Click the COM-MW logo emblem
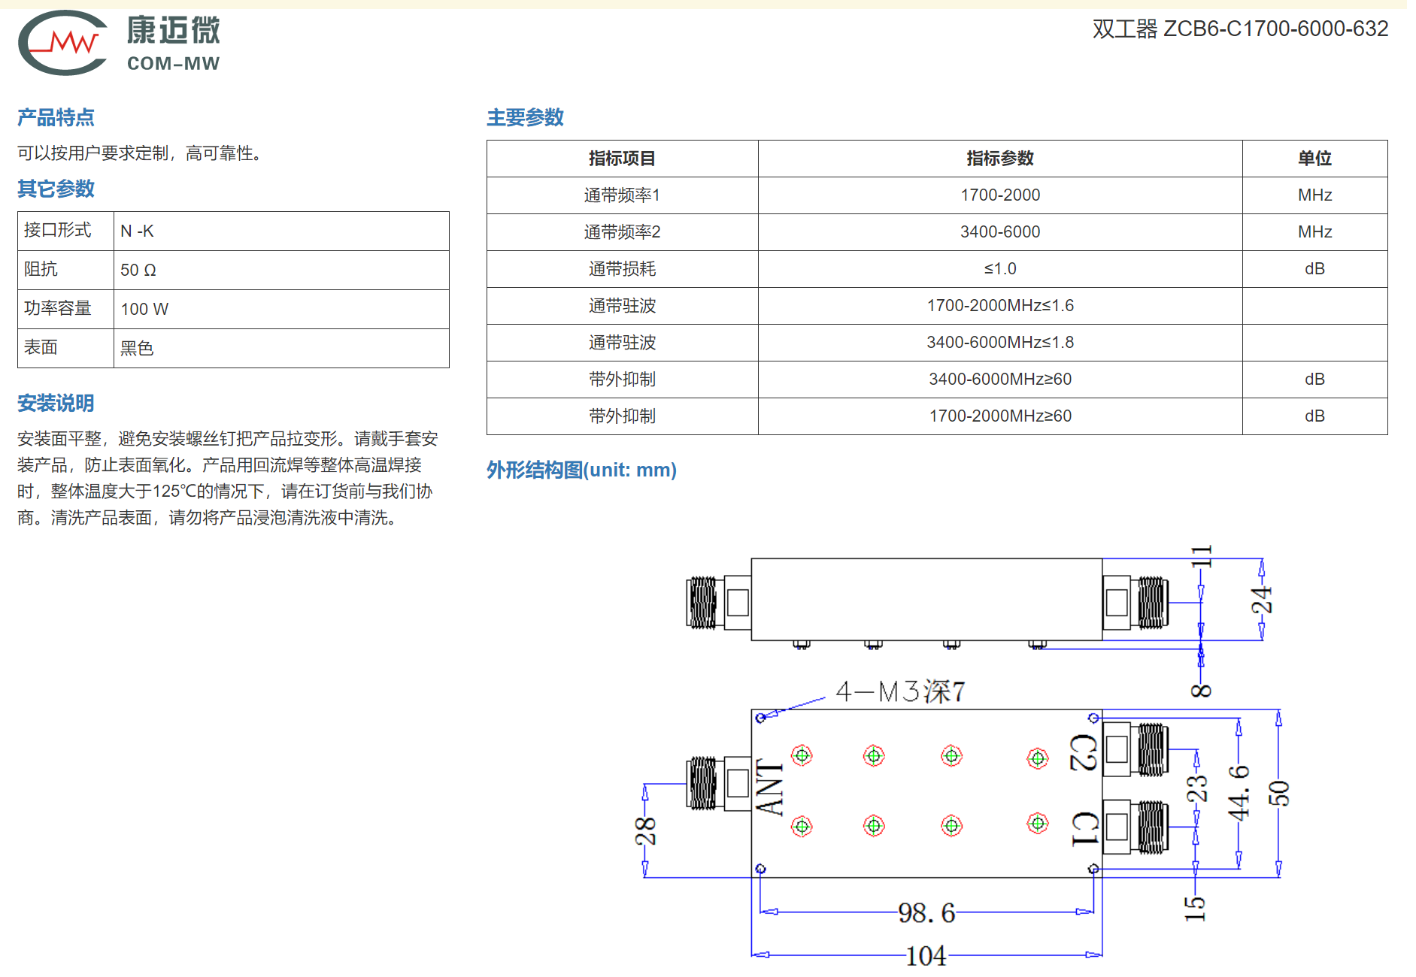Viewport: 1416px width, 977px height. (x=63, y=43)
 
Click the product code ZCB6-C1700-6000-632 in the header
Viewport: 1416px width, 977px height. (x=1275, y=29)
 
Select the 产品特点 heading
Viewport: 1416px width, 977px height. (x=56, y=117)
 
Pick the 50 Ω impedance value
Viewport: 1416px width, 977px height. (x=138, y=270)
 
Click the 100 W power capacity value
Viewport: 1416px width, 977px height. (x=144, y=309)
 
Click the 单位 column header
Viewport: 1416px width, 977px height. (x=1314, y=159)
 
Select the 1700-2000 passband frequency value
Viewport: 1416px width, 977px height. (x=1000, y=195)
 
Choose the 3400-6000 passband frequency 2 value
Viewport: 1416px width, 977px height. (x=1000, y=232)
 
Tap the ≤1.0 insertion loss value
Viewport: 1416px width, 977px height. (x=1000, y=269)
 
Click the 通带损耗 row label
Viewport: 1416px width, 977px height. (x=622, y=269)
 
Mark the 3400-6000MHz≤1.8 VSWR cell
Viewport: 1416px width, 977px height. (x=1000, y=343)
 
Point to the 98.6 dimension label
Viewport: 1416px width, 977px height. (x=926, y=912)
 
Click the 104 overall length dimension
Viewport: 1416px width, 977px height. (x=926, y=956)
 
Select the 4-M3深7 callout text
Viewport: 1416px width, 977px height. (x=900, y=691)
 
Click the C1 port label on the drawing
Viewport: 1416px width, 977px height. (x=1084, y=828)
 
